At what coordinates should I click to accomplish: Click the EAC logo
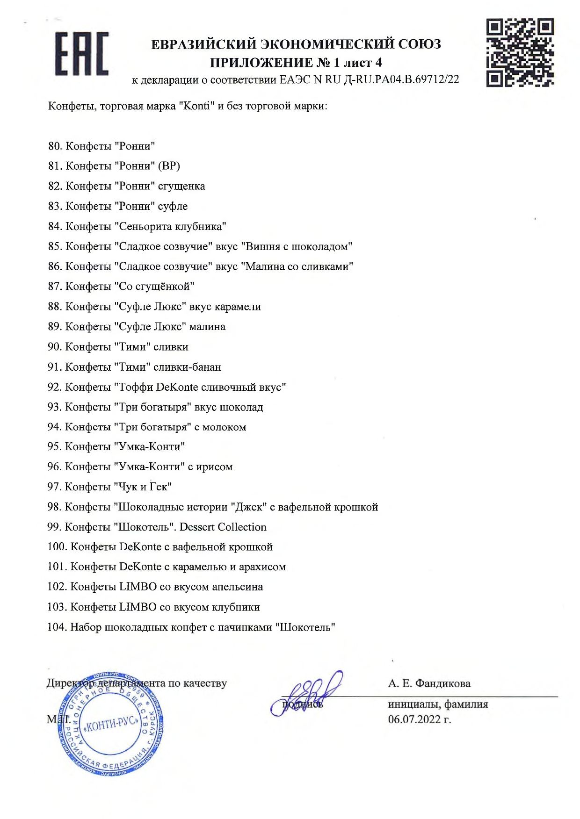pos(82,54)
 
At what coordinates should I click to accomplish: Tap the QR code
pos(520,52)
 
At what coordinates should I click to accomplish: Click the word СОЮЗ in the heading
pos(420,44)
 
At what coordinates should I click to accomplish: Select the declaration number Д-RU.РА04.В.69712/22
pos(401,79)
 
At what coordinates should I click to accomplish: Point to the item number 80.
pos(55,146)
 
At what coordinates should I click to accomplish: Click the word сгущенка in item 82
pos(181,186)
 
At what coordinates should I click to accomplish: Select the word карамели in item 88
pos(238,307)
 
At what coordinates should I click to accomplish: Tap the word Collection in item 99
pos(242,527)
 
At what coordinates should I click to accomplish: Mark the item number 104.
pos(57,627)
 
